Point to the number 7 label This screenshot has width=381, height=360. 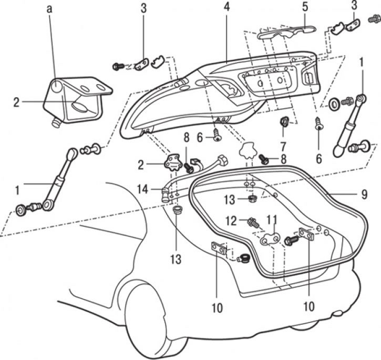pyautogui.click(x=284, y=144)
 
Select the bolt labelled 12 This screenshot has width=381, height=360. pyautogui.click(x=254, y=223)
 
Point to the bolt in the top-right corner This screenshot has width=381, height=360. pyautogui.click(x=374, y=18)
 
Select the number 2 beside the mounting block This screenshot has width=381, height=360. pyautogui.click(x=16, y=102)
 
